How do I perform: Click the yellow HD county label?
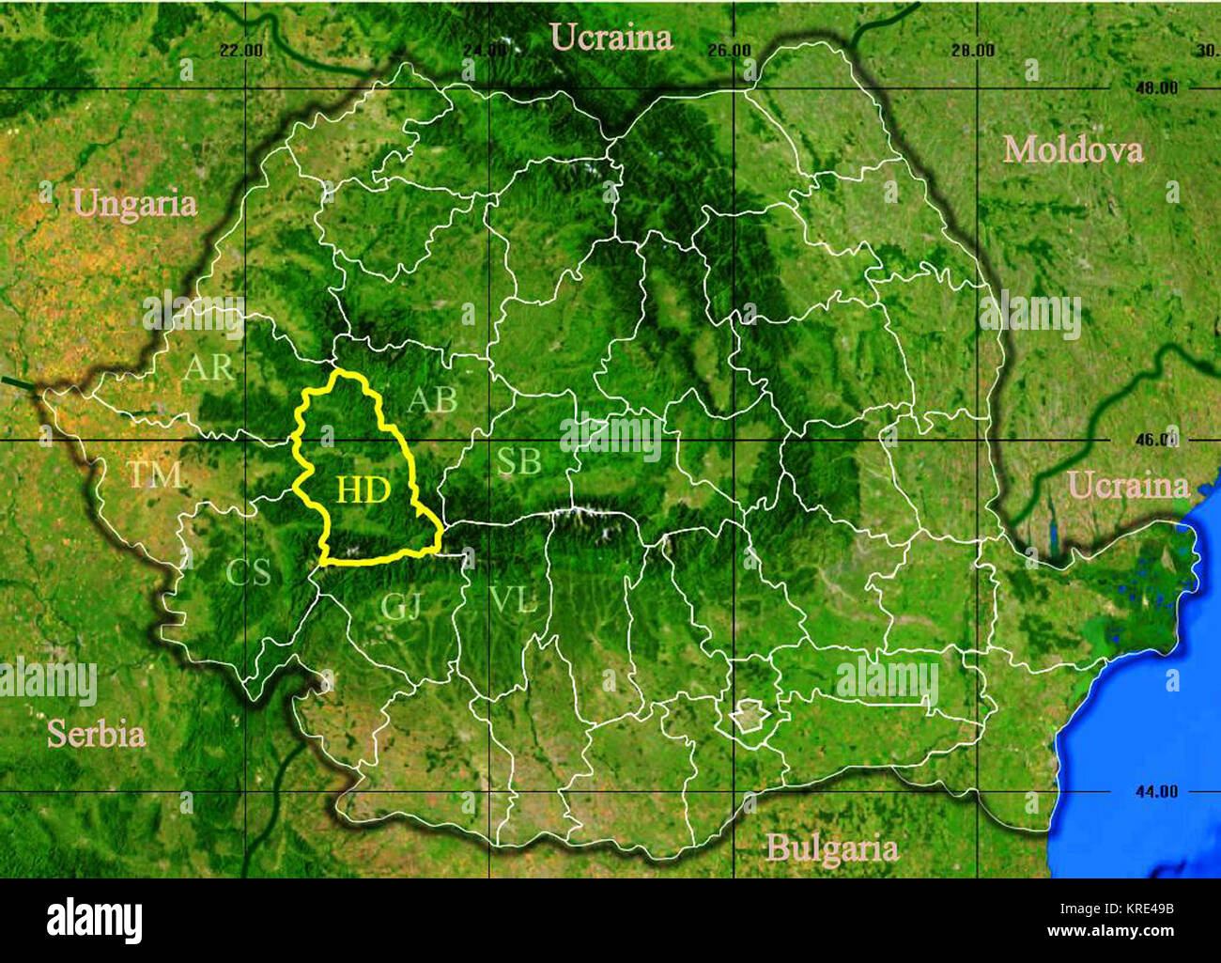(x=363, y=489)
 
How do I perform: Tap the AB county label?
(x=432, y=400)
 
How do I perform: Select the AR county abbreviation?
(x=208, y=367)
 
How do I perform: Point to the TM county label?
(x=155, y=475)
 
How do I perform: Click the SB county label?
(x=518, y=461)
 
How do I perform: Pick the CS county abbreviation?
(x=248, y=572)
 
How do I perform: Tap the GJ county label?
(x=401, y=606)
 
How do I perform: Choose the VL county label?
(x=513, y=599)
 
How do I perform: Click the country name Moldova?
(x=1073, y=149)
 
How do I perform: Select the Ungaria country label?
(x=134, y=204)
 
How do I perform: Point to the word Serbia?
(x=96, y=734)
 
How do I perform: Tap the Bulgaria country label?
(x=831, y=848)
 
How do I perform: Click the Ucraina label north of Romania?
(x=610, y=37)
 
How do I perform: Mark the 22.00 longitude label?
(x=240, y=51)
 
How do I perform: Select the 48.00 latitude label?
(x=1154, y=88)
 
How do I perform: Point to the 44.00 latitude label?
(x=1154, y=792)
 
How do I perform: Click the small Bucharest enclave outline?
(x=751, y=720)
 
